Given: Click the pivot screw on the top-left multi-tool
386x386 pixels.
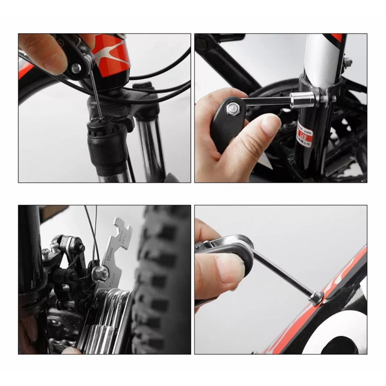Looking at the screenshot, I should pos(76,68).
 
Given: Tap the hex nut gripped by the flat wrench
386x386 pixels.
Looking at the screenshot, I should pos(100,274).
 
